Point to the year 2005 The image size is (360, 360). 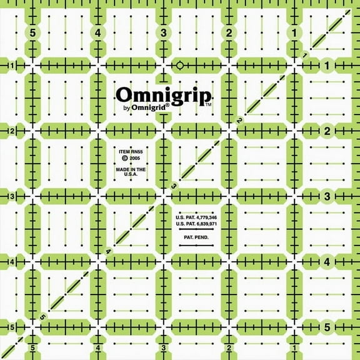(x=134, y=160)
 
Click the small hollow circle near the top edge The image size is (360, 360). (x=180, y=64)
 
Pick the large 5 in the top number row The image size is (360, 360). (x=32, y=33)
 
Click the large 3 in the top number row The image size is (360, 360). (x=163, y=33)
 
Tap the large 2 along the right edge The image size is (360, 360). (x=327, y=131)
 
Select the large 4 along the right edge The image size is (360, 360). (x=327, y=262)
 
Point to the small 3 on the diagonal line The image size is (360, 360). (x=174, y=185)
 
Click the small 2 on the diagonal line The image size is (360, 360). (x=239, y=120)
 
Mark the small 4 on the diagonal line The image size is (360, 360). (x=109, y=251)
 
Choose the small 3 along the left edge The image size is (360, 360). (x=11, y=196)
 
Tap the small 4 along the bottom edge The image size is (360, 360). (x=98, y=347)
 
